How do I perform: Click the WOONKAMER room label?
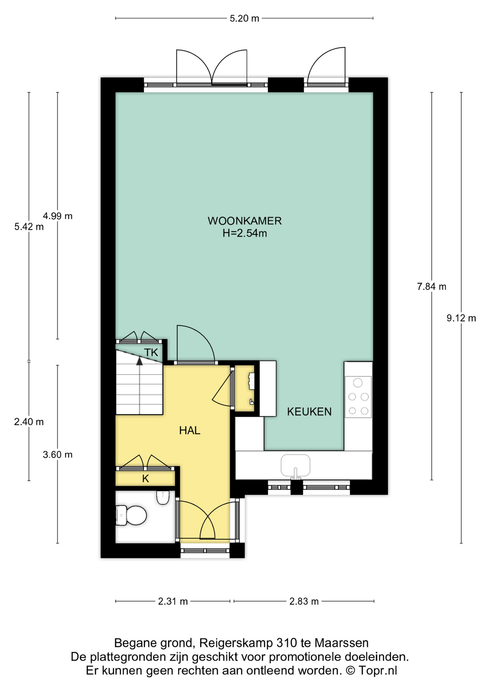click(244, 221)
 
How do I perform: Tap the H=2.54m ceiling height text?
click(244, 233)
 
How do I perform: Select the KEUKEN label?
click(309, 412)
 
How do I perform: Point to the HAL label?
click(189, 430)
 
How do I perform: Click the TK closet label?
click(151, 352)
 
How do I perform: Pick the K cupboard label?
click(145, 479)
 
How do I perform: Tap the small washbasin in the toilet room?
click(163, 497)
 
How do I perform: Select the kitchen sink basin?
click(296, 465)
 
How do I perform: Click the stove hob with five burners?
click(358, 397)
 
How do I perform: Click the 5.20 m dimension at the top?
click(244, 18)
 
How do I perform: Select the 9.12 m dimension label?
click(461, 318)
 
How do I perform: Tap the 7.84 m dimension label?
click(432, 287)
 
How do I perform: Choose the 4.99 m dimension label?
click(58, 216)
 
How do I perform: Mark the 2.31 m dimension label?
click(173, 601)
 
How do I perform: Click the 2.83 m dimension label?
click(304, 601)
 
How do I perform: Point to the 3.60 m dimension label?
click(58, 454)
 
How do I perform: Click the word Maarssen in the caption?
click(342, 643)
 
